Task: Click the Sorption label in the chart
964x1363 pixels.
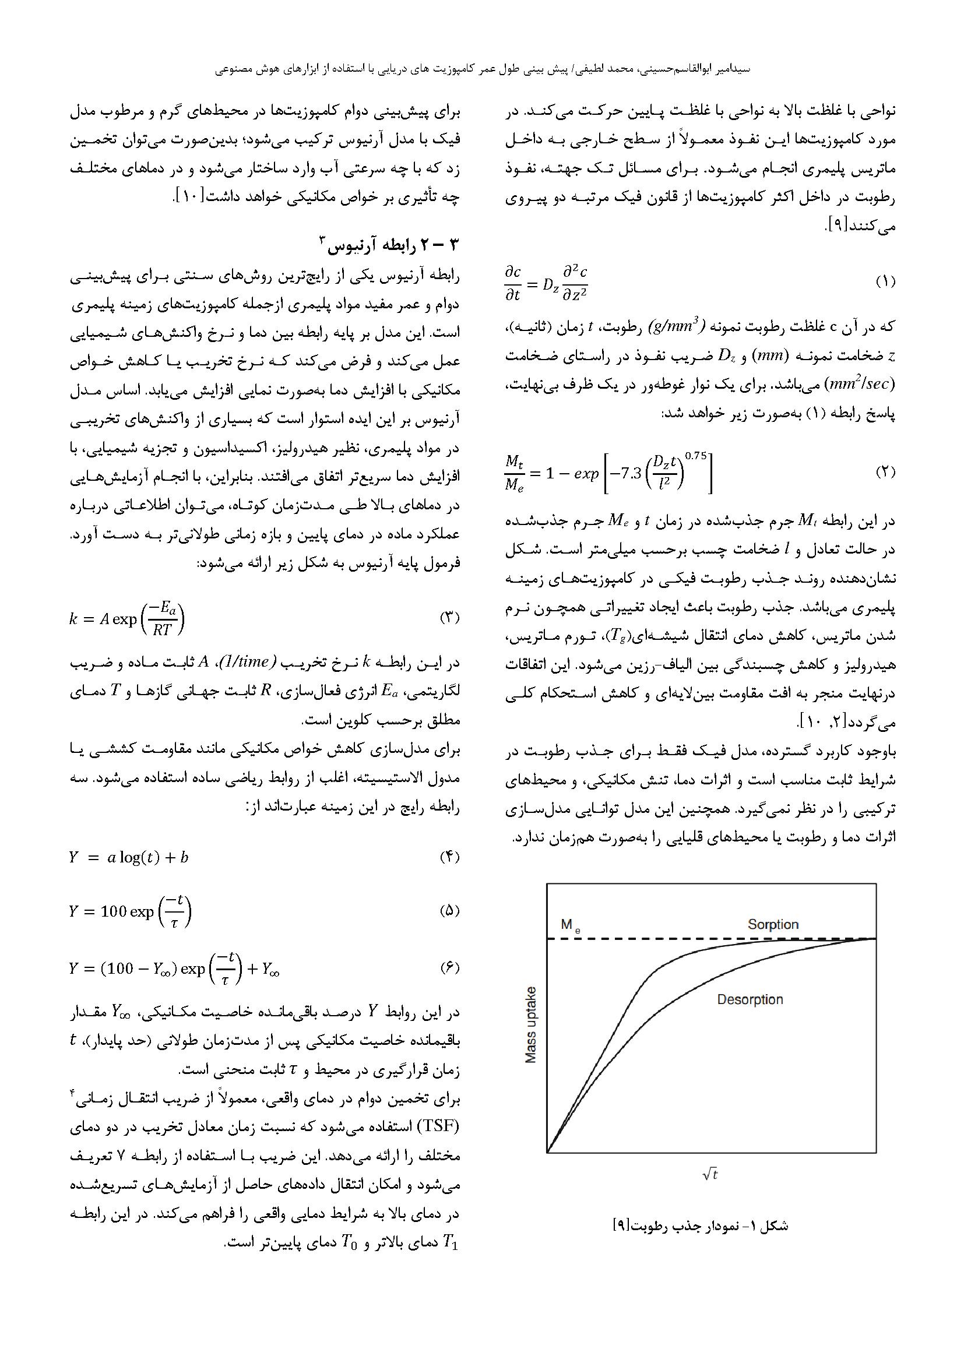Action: [773, 924]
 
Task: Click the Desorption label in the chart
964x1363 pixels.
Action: [750, 1000]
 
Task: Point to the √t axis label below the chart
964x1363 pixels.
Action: [710, 1174]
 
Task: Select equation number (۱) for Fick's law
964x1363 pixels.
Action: [885, 281]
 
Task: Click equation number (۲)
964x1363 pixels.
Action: [885, 472]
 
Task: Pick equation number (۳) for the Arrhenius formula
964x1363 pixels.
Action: [449, 617]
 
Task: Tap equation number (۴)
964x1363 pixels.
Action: [449, 857]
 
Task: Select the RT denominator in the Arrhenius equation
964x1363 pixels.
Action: [161, 629]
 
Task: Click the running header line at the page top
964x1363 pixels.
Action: [482, 69]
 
